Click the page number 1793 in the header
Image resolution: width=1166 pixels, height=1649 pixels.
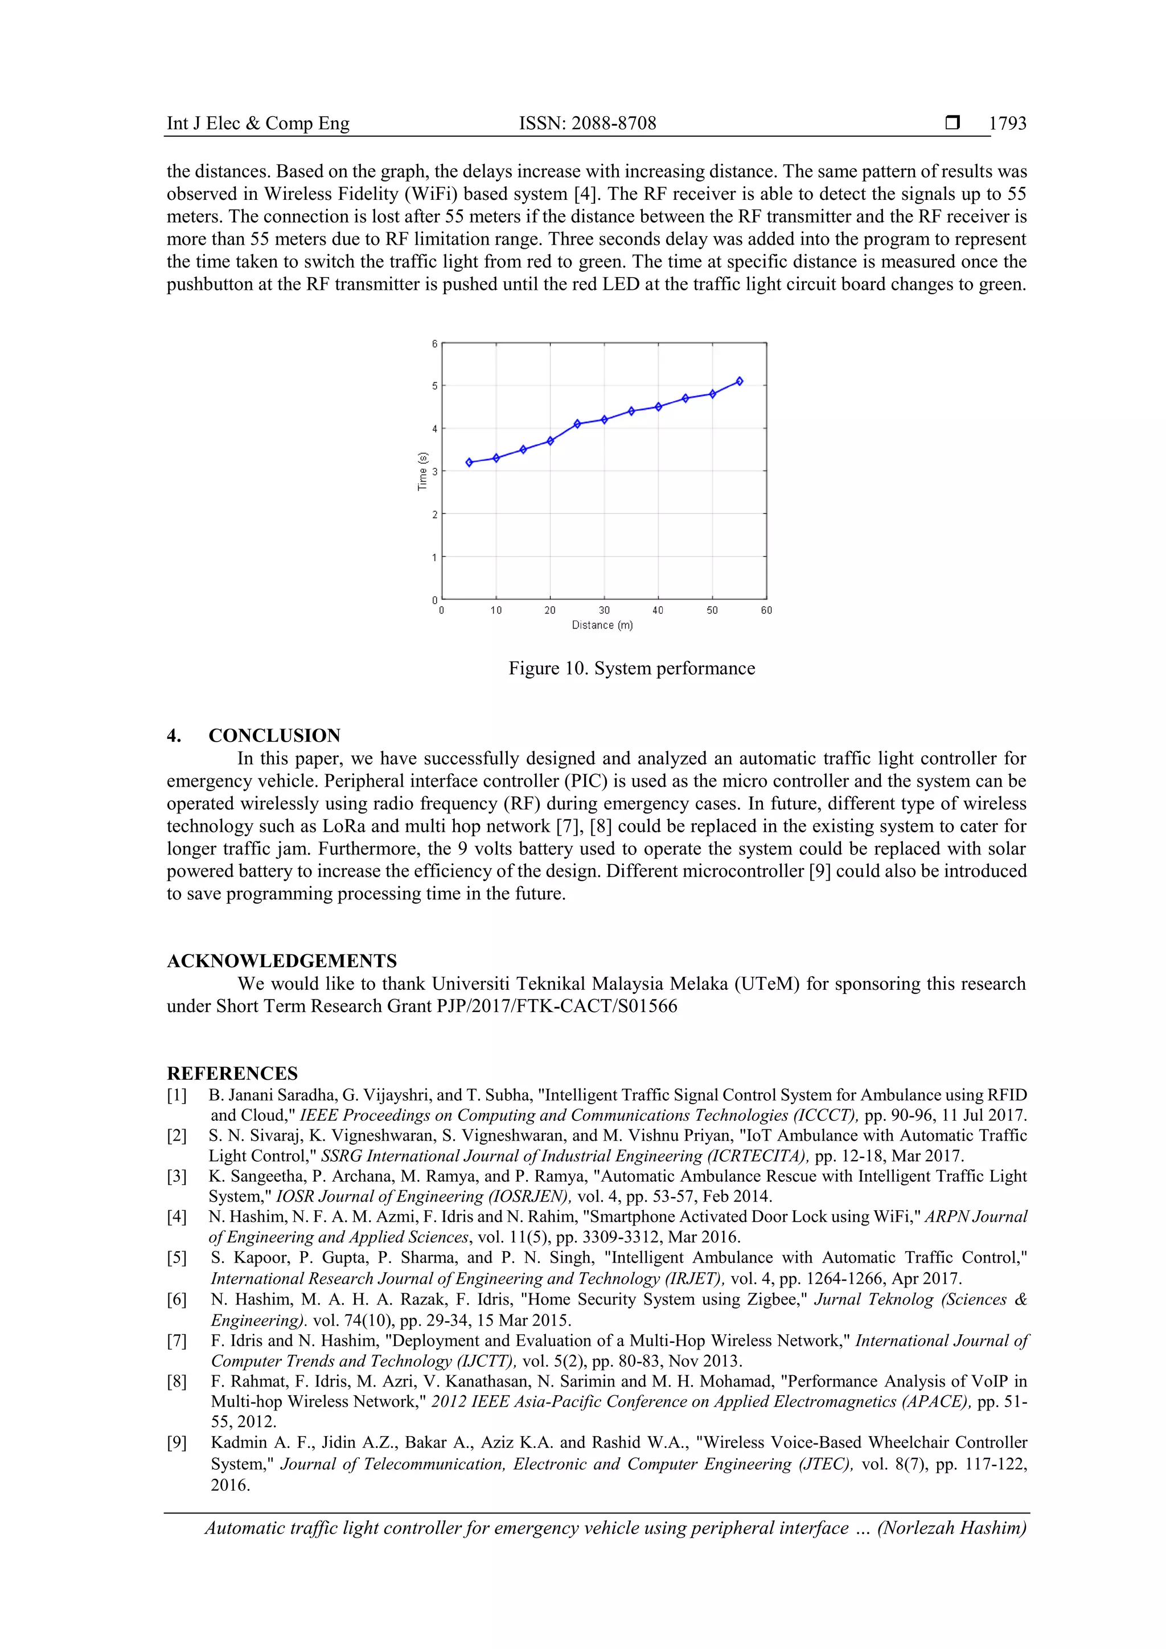pyautogui.click(x=1007, y=124)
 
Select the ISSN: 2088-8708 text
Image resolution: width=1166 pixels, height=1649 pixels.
pyautogui.click(x=587, y=124)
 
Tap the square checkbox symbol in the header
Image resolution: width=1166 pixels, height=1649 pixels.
pyautogui.click(x=952, y=123)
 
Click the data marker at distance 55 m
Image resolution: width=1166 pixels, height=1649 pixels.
pyautogui.click(x=739, y=381)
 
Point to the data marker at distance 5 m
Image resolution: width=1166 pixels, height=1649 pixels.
pyautogui.click(x=469, y=463)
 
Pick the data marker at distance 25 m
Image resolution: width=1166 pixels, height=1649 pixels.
pyautogui.click(x=577, y=423)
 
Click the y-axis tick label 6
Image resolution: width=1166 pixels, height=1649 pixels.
pyautogui.click(x=434, y=344)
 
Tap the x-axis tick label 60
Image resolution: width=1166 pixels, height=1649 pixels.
pyautogui.click(x=766, y=610)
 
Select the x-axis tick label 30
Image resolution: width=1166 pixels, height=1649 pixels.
pyautogui.click(x=604, y=610)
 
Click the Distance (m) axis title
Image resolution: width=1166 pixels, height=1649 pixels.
pyautogui.click(x=602, y=626)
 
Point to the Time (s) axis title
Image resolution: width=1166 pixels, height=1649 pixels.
pyautogui.click(x=422, y=471)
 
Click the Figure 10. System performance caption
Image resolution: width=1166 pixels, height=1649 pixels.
pyautogui.click(x=631, y=669)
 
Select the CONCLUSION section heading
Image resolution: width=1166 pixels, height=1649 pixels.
pyautogui.click(x=274, y=735)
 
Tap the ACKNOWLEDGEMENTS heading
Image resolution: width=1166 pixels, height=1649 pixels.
pyautogui.click(x=282, y=961)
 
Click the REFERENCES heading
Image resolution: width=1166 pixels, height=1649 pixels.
pyautogui.click(x=232, y=1073)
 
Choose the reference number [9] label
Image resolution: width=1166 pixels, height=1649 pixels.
pyautogui.click(x=176, y=1442)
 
